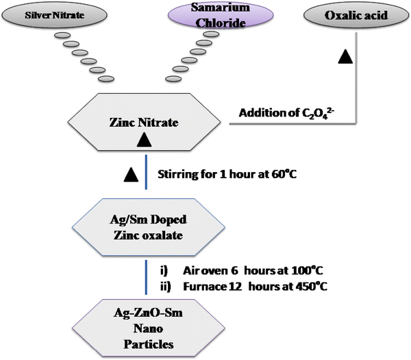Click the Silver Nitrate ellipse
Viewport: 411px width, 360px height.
(x=55, y=15)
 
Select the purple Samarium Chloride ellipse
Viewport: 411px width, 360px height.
(x=221, y=15)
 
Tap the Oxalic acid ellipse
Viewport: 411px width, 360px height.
(x=356, y=15)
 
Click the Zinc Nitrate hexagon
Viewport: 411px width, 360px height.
(x=144, y=122)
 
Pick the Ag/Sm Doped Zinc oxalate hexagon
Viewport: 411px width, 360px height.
(x=149, y=227)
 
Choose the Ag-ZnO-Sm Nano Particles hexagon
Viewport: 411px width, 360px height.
(x=149, y=328)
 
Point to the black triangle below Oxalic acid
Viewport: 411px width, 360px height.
(x=345, y=56)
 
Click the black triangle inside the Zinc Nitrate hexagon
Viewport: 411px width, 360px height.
(x=144, y=140)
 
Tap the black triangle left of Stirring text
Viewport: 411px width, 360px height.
(x=131, y=174)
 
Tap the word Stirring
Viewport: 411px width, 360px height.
(x=178, y=174)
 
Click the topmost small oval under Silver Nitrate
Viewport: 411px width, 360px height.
(x=62, y=35)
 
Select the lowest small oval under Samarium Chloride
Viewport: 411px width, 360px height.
(x=173, y=78)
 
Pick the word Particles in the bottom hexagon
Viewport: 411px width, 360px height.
(x=149, y=344)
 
